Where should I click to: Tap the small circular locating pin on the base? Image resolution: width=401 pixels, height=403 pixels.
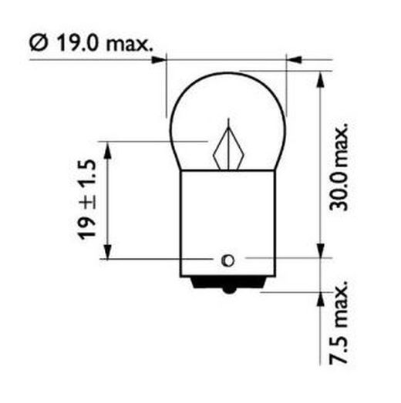point(227,258)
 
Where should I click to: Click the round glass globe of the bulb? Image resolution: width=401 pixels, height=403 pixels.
point(227,116)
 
